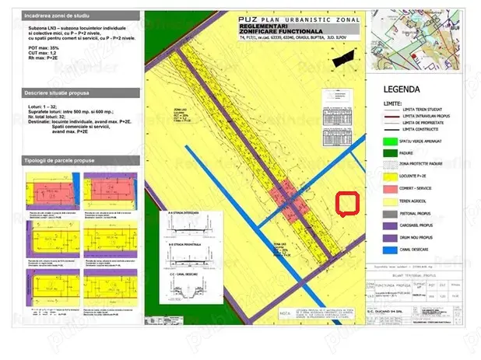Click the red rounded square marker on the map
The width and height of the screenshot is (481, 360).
click(346, 203)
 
